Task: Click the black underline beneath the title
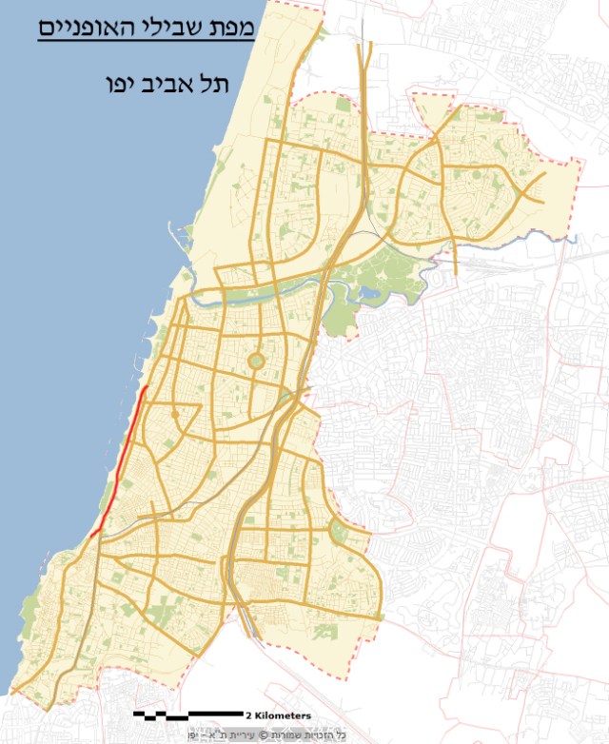pos(147,40)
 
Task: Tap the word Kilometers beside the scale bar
pos(282,715)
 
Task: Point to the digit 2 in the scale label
pos(248,715)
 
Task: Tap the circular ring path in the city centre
pos(256,362)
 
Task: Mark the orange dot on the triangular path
pos(175,415)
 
